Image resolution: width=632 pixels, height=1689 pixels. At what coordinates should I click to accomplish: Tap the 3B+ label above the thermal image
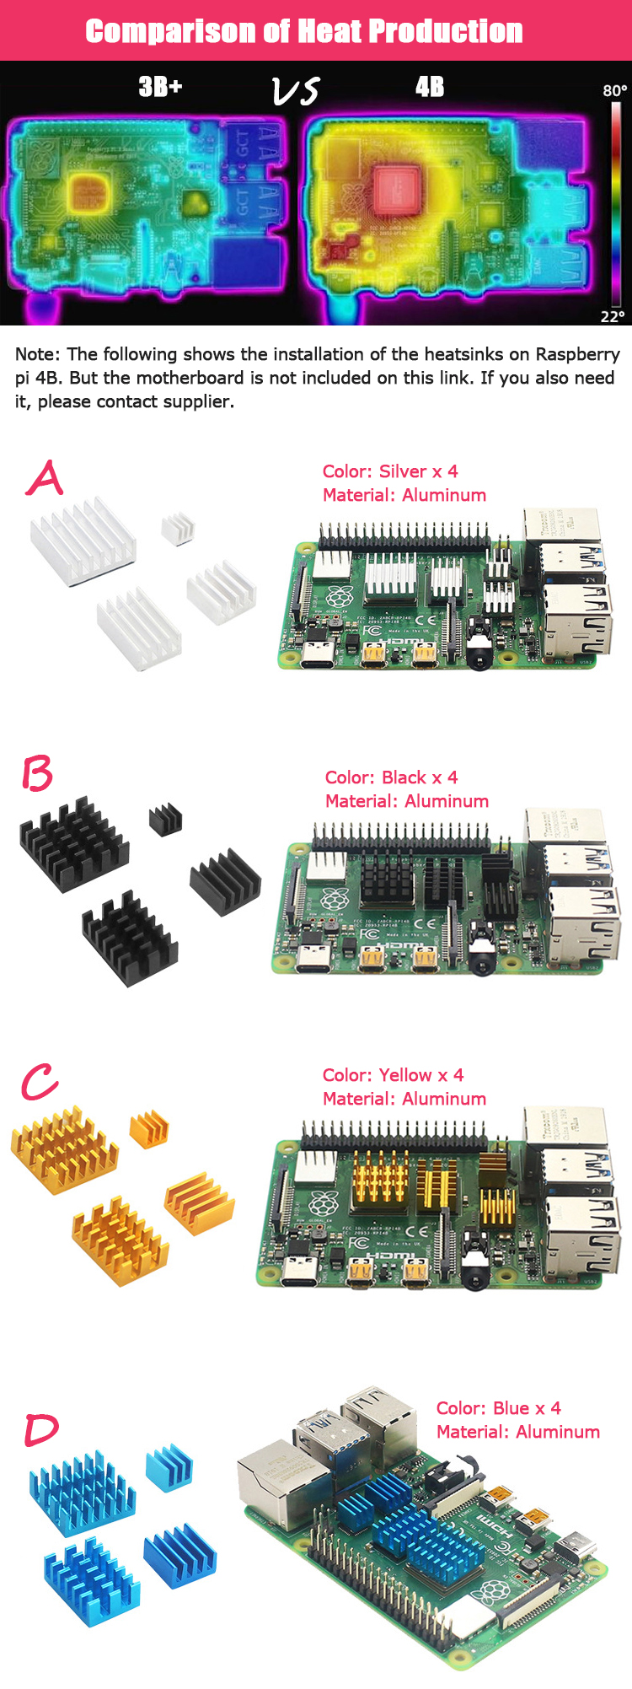coord(160,87)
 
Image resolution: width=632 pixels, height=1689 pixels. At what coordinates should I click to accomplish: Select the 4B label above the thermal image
coord(429,87)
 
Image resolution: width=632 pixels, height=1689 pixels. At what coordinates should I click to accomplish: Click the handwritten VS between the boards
coord(296,91)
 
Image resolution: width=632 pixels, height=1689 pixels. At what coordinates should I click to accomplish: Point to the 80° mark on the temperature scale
coord(614,90)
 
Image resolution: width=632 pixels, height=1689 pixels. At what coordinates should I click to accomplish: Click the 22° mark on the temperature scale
coord(613,316)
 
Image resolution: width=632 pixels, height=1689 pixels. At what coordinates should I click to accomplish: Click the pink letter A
coord(45,478)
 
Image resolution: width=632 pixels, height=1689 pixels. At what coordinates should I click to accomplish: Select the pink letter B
coord(38,774)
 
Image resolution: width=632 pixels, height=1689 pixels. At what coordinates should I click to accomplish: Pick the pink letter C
coord(40,1082)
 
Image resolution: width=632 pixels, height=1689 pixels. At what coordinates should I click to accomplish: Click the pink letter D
coord(41,1429)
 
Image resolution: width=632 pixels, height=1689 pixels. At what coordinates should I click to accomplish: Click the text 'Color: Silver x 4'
coord(390,471)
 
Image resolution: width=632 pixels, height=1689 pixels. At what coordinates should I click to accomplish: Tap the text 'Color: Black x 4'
coord(391,777)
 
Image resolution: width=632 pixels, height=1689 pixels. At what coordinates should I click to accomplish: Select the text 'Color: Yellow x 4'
coord(393,1075)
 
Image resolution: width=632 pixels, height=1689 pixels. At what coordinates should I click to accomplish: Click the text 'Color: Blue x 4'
coord(498,1408)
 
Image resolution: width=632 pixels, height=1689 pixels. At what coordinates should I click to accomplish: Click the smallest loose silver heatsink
coord(178,528)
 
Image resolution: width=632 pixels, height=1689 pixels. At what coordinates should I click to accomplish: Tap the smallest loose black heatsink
coord(166,819)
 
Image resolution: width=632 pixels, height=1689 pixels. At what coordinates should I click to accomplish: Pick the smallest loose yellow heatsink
coord(149,1129)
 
